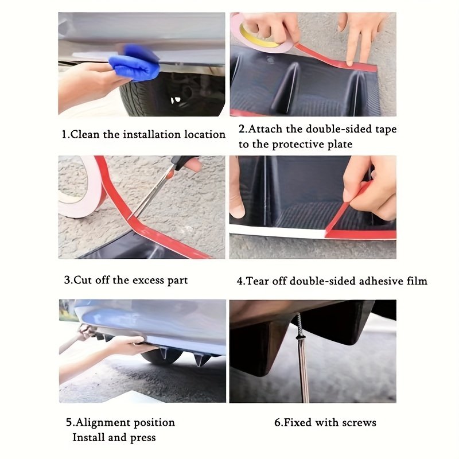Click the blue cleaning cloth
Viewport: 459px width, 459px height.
coord(135,64)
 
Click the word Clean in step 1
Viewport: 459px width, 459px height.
coord(85,134)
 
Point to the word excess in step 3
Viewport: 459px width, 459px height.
coord(148,280)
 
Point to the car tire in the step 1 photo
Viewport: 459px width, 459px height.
coord(173,94)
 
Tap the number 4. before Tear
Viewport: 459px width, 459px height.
coord(240,281)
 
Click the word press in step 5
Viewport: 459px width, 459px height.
coord(143,438)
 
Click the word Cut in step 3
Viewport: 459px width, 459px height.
coord(82,280)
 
